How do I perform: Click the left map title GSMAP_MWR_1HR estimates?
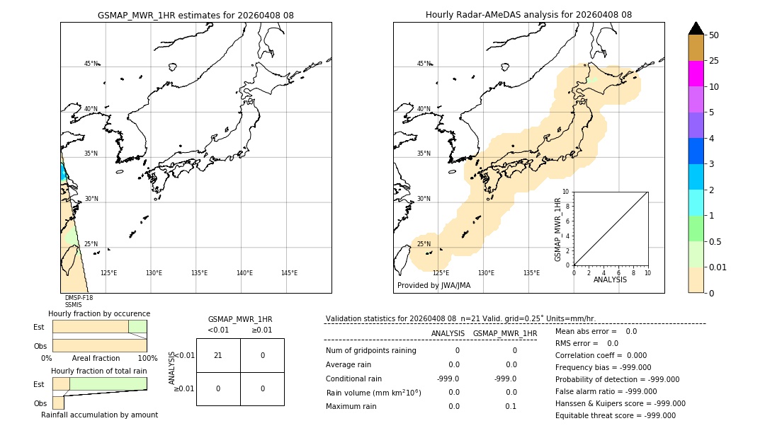[x=195, y=15]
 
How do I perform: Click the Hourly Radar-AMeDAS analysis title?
[x=528, y=15]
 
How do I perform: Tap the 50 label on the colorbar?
[x=714, y=35]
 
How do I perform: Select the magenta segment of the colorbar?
[x=696, y=74]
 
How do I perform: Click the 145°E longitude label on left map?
[x=289, y=273]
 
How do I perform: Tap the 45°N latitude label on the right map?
[x=423, y=64]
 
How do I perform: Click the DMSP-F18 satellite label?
[x=79, y=298]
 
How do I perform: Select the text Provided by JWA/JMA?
[x=433, y=286]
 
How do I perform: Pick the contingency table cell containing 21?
[x=217, y=355]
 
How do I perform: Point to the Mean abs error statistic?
[x=596, y=331]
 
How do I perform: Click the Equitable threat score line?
[x=615, y=416]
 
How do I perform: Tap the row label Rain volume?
[x=373, y=393]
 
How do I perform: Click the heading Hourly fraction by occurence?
[x=99, y=313]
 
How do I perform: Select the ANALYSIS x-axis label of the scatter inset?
[x=610, y=279]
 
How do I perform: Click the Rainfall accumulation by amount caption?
[x=99, y=415]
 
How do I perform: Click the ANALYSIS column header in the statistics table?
[x=448, y=333]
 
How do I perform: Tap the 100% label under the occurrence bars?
[x=147, y=359]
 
